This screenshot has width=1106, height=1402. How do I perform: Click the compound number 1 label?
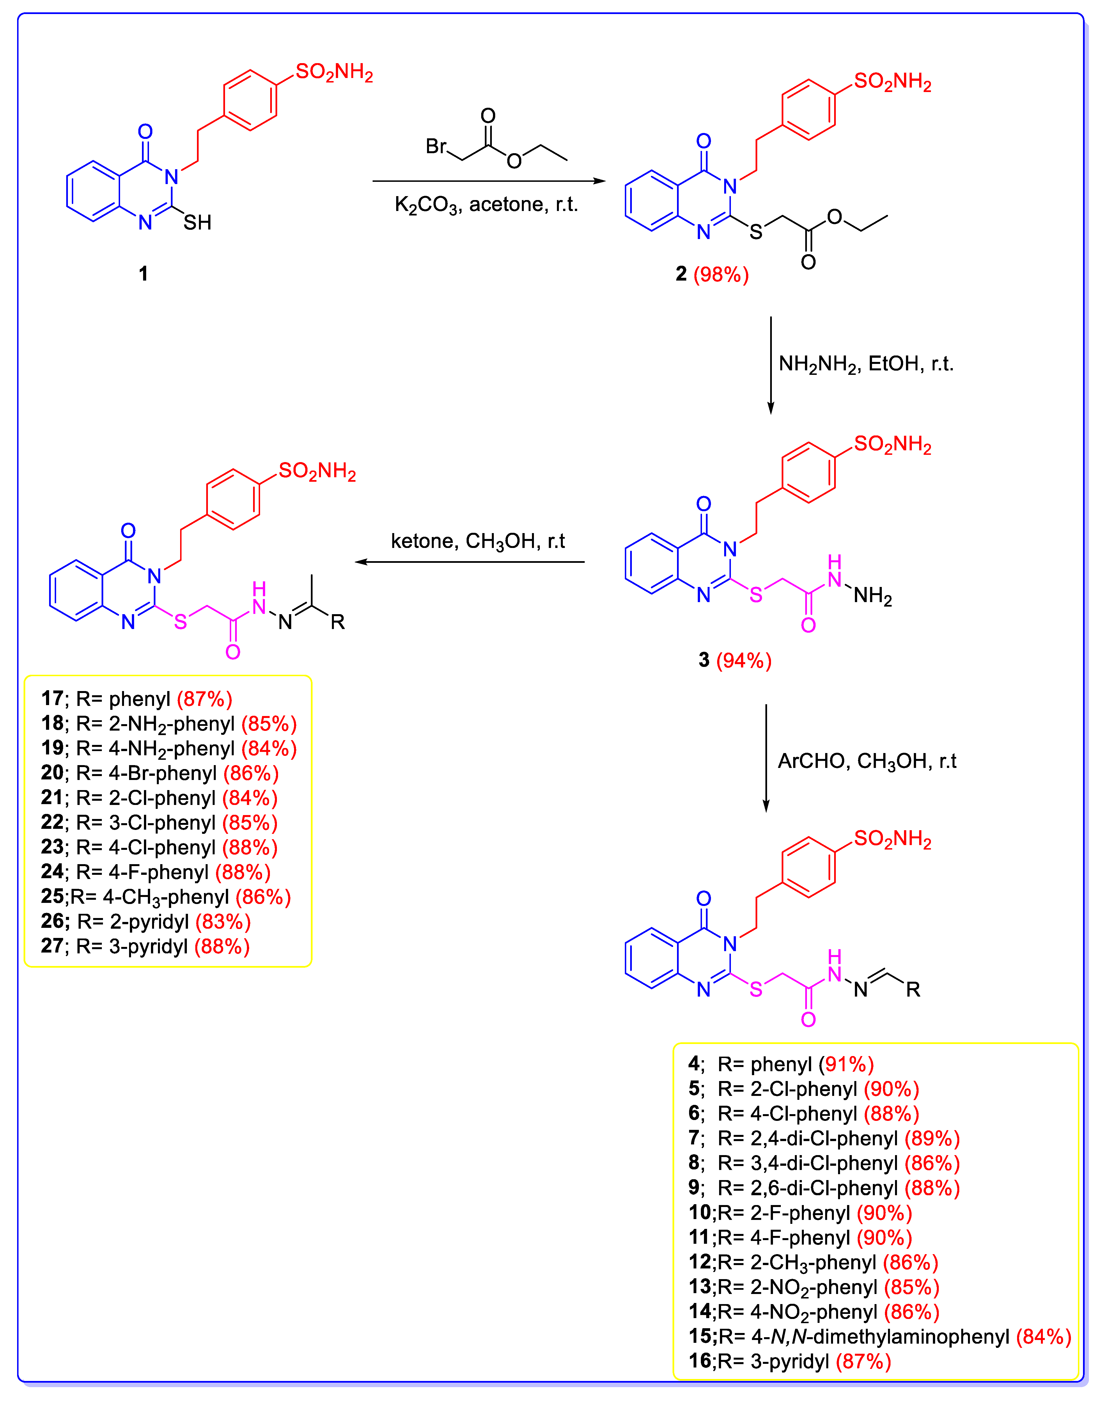click(x=143, y=274)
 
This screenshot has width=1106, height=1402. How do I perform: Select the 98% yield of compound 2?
click(x=721, y=275)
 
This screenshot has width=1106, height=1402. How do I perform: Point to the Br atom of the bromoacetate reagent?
click(x=436, y=146)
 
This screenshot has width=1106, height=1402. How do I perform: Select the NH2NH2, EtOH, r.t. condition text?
click(x=866, y=364)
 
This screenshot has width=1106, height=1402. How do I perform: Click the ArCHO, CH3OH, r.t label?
click(x=866, y=761)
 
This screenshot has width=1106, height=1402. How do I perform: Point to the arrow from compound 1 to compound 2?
click(x=489, y=181)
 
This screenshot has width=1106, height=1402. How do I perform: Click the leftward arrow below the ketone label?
click(x=469, y=562)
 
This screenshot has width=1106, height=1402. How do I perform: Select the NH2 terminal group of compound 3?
click(x=872, y=596)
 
